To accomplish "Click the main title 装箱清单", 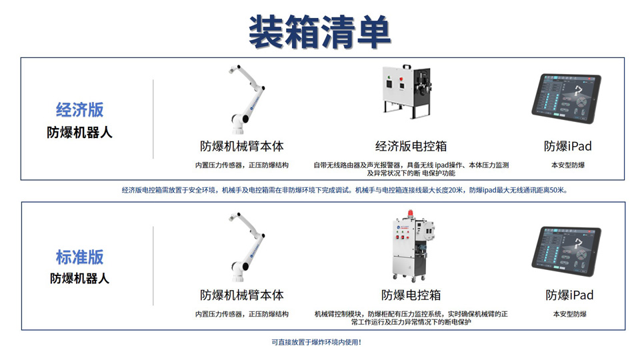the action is point(319,32).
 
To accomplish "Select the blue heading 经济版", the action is point(79,109).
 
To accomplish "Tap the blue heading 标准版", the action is point(79,257).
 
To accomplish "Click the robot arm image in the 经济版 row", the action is point(246,99).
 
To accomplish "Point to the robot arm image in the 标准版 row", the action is point(246,247).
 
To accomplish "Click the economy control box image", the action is point(407,91).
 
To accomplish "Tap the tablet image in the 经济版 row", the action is point(566,99).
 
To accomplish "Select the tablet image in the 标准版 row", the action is point(566,251).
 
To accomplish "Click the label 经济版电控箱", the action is point(411,146).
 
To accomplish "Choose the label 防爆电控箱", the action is point(411,295).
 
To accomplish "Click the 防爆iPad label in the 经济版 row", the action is point(568,146).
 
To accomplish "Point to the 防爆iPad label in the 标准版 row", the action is point(569,295).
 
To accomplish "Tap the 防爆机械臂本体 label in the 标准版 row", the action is point(241,295).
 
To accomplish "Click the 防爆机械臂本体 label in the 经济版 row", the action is point(241,146).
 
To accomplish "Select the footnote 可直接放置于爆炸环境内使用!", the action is point(316,342).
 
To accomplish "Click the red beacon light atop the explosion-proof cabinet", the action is point(411,214).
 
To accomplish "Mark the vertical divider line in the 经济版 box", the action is point(153,119).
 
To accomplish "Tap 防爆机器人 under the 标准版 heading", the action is point(79,279).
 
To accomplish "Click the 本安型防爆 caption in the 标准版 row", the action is point(569,314).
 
